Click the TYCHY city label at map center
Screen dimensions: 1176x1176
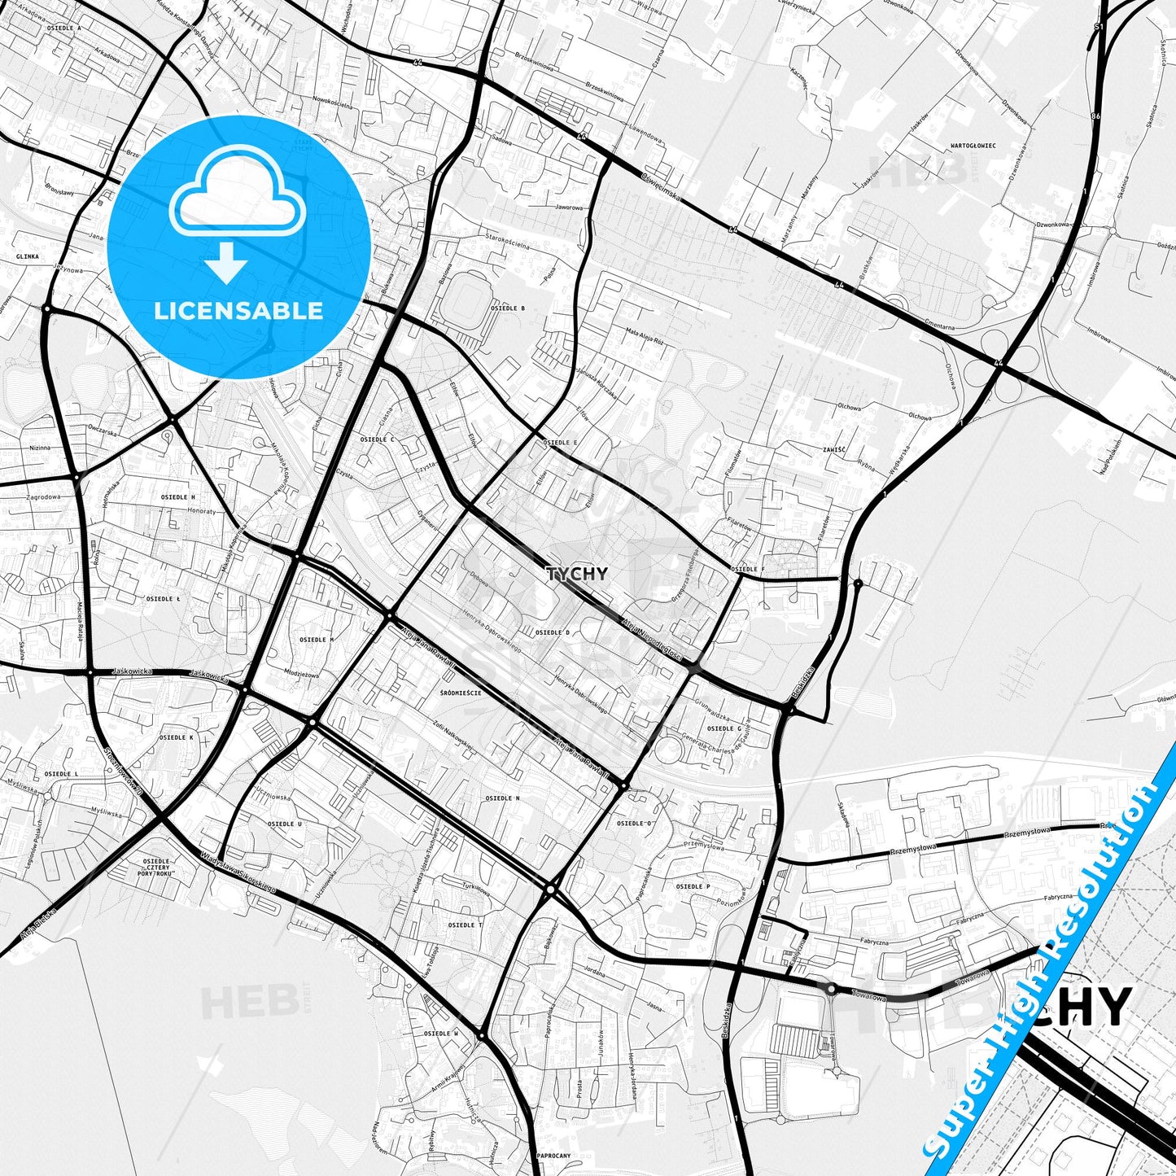(577, 574)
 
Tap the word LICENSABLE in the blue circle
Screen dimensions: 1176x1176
(239, 311)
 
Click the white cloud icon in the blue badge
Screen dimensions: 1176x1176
(237, 200)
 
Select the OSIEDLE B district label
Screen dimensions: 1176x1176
(508, 308)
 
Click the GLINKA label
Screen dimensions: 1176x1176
(27, 256)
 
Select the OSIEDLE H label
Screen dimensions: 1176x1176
(177, 496)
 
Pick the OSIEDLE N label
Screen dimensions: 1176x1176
(502, 798)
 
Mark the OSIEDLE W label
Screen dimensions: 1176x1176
(442, 1034)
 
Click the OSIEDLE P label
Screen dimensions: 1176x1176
(693, 886)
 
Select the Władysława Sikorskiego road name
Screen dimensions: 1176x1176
(237, 872)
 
